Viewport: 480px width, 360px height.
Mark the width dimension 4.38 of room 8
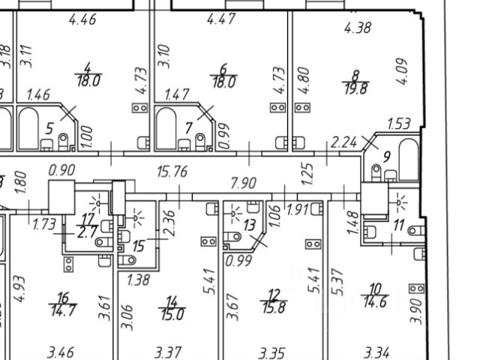click(358, 28)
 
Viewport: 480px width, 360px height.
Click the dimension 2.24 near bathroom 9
click(345, 141)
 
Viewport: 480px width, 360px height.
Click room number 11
click(397, 225)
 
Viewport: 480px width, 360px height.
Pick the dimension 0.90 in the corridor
click(61, 171)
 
